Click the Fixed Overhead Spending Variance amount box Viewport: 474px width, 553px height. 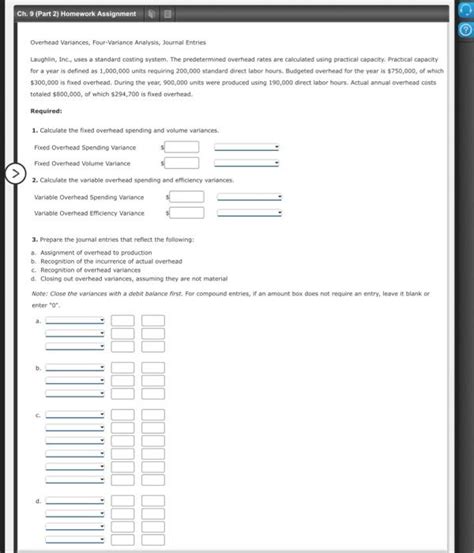182,147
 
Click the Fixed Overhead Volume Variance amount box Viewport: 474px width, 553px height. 182,163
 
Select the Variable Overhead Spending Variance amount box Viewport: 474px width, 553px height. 187,196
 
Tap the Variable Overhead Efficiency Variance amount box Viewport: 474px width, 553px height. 187,212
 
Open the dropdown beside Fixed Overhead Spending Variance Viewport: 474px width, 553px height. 246,147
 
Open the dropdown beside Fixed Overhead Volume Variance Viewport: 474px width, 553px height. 246,163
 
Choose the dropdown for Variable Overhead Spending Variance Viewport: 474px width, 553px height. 249,196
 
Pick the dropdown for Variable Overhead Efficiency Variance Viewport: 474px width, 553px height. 249,212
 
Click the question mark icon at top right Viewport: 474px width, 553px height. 463,30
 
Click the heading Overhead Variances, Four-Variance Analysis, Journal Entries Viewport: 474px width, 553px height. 111,44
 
